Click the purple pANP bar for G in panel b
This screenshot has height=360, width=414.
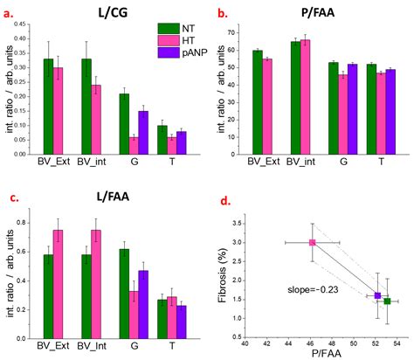pos(353,109)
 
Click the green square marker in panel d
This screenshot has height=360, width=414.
pos(387,301)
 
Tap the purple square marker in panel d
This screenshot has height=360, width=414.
pos(377,295)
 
